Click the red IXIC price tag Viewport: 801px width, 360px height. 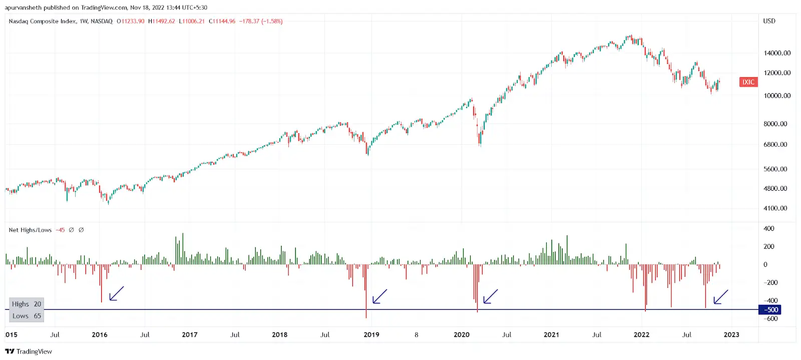(x=748, y=82)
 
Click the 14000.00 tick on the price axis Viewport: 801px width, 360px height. (x=777, y=53)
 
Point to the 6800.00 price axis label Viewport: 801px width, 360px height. (x=775, y=145)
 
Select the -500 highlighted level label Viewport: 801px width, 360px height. (x=770, y=310)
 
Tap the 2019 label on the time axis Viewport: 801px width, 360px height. (x=371, y=335)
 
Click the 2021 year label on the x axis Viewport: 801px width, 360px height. (x=551, y=335)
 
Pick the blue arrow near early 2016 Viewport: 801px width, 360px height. (x=116, y=294)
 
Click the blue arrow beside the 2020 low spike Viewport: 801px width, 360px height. (x=490, y=296)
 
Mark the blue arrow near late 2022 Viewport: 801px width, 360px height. (x=720, y=297)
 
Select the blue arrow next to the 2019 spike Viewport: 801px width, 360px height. (x=379, y=296)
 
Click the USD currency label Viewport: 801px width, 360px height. (x=769, y=21)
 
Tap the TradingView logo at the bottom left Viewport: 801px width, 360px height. (x=29, y=351)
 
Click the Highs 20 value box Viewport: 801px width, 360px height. (x=27, y=304)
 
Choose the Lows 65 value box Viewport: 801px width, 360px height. (x=27, y=316)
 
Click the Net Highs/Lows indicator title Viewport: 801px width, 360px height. (x=30, y=230)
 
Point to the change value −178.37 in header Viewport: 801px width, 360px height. (x=249, y=22)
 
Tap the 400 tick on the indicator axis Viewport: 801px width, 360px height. (x=768, y=229)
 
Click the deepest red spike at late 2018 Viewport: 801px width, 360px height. (x=366, y=300)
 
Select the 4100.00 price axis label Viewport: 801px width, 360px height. (x=775, y=208)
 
